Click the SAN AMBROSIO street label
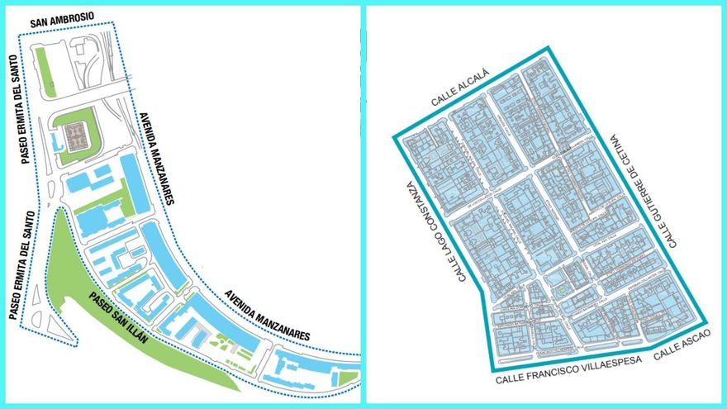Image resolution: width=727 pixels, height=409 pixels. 62,17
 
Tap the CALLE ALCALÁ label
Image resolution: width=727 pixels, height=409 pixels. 460,88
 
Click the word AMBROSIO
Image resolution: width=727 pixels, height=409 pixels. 73,17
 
